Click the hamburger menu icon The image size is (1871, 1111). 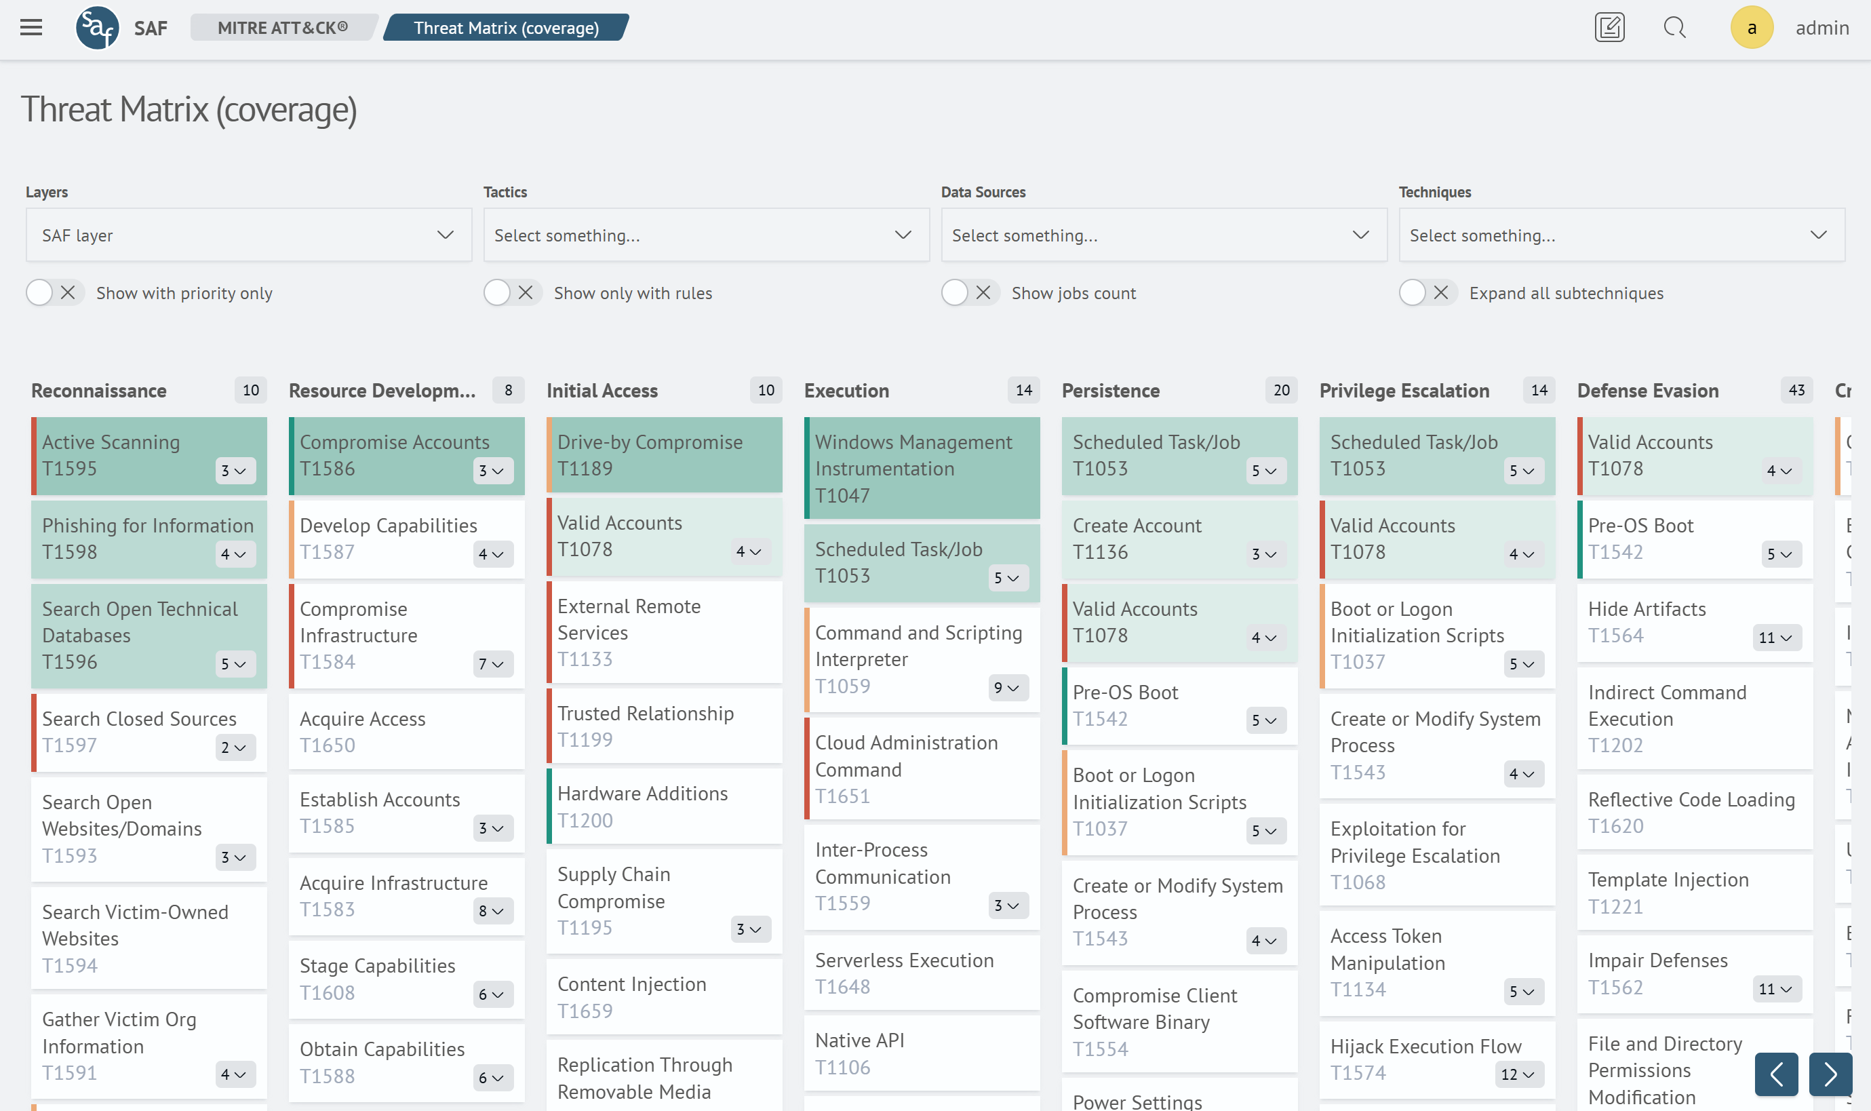[31, 28]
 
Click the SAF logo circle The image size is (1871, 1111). [97, 28]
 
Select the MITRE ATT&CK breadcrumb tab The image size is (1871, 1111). [282, 28]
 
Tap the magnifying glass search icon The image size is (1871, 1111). [1674, 28]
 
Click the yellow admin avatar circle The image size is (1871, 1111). [1751, 28]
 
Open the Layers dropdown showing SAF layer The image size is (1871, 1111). [248, 235]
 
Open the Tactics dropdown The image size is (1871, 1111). [706, 235]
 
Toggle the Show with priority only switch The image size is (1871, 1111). [52, 293]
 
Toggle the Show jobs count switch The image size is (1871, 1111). [968, 293]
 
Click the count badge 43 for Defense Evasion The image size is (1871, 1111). [1796, 390]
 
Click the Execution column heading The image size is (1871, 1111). [846, 391]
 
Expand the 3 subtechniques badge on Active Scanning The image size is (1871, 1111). [234, 471]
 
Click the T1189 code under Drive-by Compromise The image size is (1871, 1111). [585, 469]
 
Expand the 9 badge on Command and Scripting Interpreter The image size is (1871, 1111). [1007, 688]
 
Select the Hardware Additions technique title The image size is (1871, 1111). [642, 794]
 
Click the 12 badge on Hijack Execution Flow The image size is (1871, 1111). [1517, 1074]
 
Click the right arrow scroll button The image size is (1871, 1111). [1830, 1074]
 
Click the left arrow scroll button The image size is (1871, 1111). [1776, 1074]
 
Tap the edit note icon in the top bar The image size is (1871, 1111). [1609, 28]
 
